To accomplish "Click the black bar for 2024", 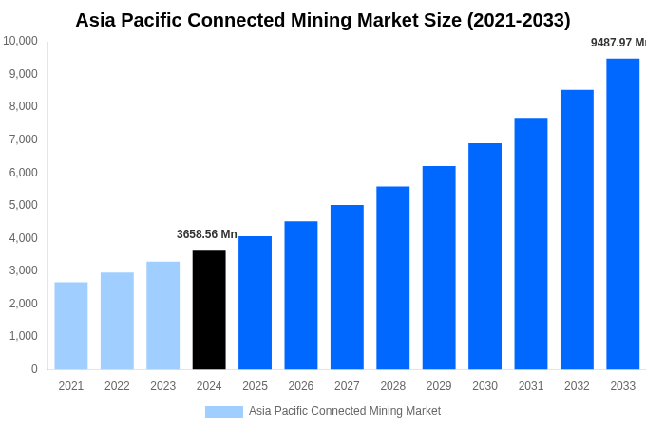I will pyautogui.click(x=209, y=309).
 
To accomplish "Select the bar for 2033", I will pyautogui.click(x=623, y=213).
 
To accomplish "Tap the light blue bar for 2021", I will pyautogui.click(x=71, y=325).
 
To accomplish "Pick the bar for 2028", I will pyautogui.click(x=392, y=277).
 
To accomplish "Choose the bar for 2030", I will pyautogui.click(x=484, y=256).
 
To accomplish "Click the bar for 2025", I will pyautogui.click(x=255, y=303).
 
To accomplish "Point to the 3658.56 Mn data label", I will pyautogui.click(x=207, y=234).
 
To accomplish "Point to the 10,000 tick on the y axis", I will pyautogui.click(x=20, y=41).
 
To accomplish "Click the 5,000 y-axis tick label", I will pyautogui.click(x=22, y=205).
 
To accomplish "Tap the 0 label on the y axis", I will pyautogui.click(x=34, y=369).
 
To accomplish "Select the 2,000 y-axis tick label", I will pyautogui.click(x=22, y=304).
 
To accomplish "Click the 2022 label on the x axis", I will pyautogui.click(x=117, y=386).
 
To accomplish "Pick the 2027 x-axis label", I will pyautogui.click(x=347, y=386).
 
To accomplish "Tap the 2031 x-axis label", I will pyautogui.click(x=531, y=386).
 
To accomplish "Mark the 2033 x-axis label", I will pyautogui.click(x=623, y=386).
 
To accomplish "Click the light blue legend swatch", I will pyautogui.click(x=224, y=412).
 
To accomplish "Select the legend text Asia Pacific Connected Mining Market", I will pyautogui.click(x=345, y=411).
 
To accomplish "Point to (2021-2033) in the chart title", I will pyautogui.click(x=519, y=20).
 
